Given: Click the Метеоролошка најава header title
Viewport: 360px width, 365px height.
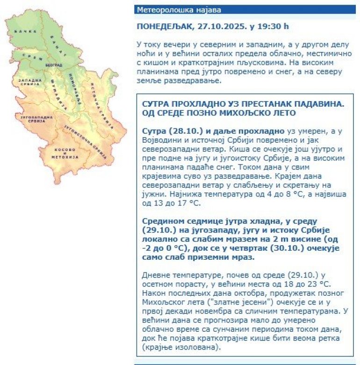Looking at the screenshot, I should click(x=179, y=9).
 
